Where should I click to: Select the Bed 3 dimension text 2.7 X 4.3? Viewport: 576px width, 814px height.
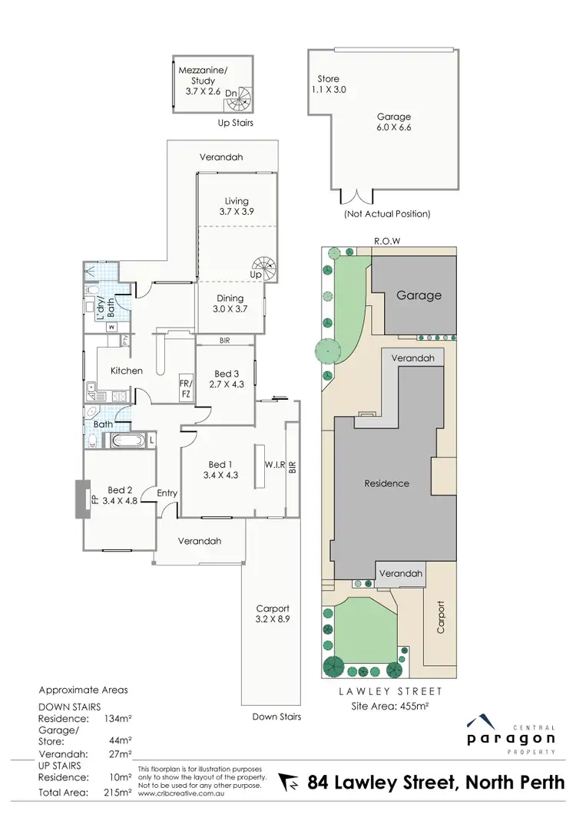tap(226, 384)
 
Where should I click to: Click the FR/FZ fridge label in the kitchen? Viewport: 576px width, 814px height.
tap(185, 389)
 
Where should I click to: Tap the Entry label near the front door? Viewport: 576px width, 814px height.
tap(167, 493)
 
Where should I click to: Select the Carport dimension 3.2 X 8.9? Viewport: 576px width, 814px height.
tap(273, 618)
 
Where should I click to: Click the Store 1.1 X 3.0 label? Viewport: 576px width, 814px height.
tap(329, 84)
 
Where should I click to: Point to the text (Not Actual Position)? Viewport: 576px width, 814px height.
tap(386, 213)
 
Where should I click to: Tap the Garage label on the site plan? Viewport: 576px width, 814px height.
tap(419, 295)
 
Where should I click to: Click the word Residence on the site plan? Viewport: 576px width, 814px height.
tap(386, 483)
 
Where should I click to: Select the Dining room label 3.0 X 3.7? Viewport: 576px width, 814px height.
tap(230, 303)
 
